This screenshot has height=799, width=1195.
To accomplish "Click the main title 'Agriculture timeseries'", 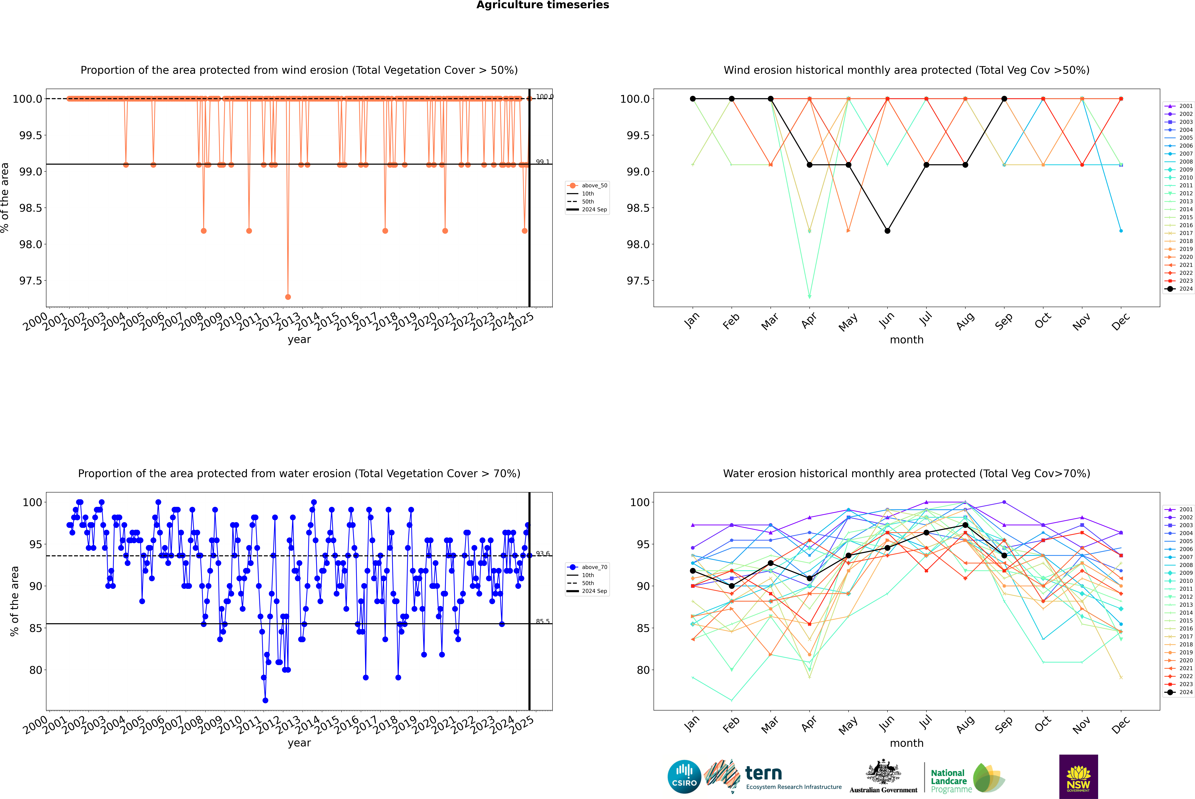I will (542, 5).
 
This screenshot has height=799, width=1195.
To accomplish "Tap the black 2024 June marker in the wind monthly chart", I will (887, 231).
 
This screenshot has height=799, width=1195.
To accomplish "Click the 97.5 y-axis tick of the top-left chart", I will (31, 281).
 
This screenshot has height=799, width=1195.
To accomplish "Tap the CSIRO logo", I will (684, 777).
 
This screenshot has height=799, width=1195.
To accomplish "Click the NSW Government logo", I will (1078, 777).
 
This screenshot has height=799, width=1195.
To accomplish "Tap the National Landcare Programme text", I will (948, 781).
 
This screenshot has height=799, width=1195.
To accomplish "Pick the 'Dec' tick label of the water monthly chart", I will (1121, 725).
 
